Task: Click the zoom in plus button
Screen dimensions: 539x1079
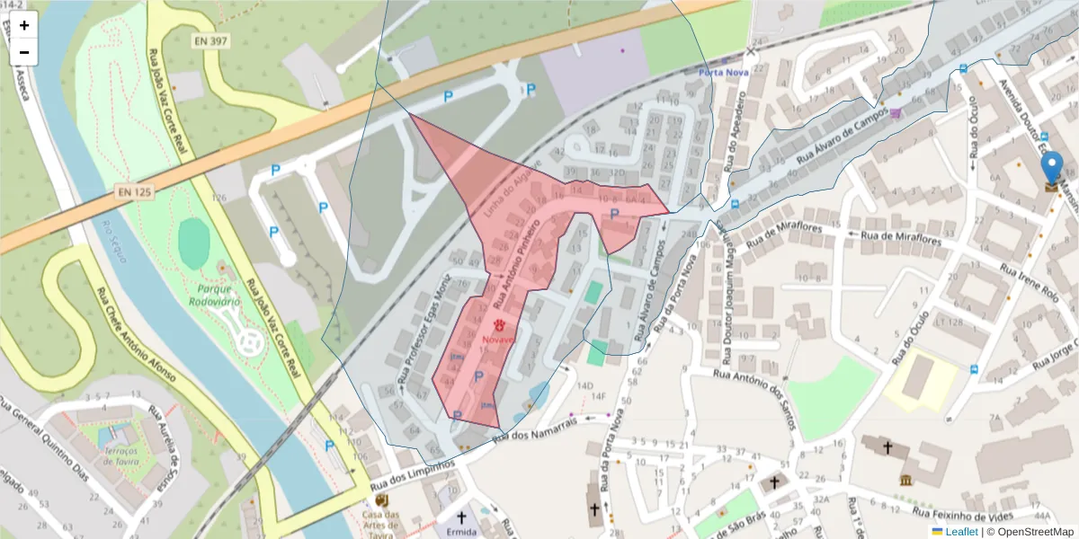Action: pyautogui.click(x=24, y=25)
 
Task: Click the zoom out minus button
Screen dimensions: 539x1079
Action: pyautogui.click(x=24, y=52)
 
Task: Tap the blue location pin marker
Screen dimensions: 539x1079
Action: pyautogui.click(x=1051, y=170)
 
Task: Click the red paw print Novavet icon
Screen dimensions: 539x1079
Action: pyautogui.click(x=497, y=326)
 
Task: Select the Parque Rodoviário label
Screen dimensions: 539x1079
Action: pyautogui.click(x=214, y=296)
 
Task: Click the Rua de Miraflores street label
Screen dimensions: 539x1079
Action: pyautogui.click(x=901, y=240)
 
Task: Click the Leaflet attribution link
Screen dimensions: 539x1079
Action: pyautogui.click(x=960, y=532)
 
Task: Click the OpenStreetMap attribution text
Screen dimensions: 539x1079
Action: pyautogui.click(x=1030, y=532)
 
